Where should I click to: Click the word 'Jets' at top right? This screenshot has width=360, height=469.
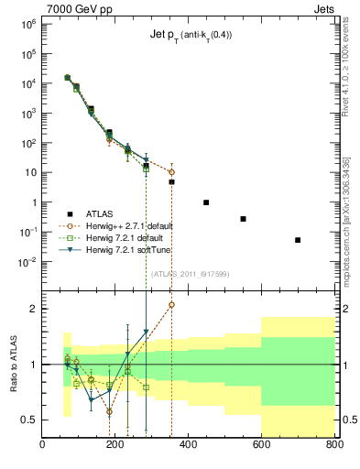tap(322, 8)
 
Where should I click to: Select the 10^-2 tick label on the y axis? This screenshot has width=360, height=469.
tap(27, 262)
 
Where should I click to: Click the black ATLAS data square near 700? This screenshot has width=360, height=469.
tap(298, 240)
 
